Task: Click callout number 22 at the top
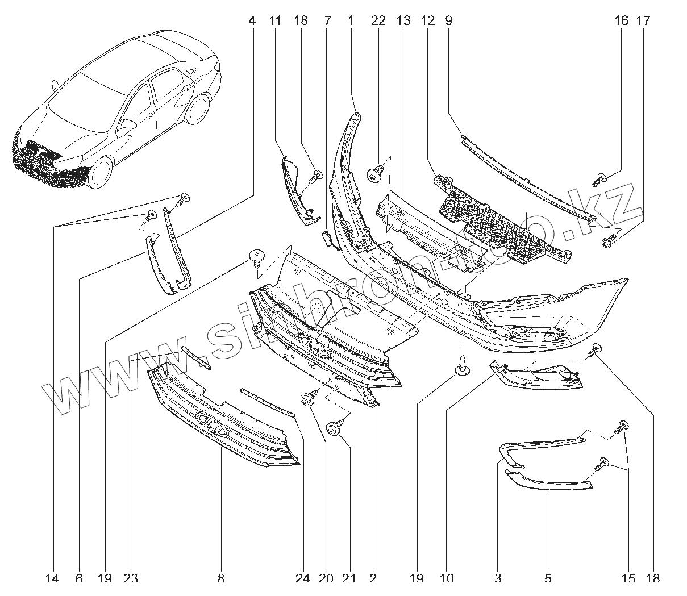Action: tap(378, 21)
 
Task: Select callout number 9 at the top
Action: tap(448, 21)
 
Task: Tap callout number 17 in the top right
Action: tap(643, 21)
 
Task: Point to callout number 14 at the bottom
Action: tap(52, 579)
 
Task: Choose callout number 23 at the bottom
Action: tap(131, 579)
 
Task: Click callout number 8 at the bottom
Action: tap(220, 579)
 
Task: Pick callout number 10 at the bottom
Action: tap(446, 579)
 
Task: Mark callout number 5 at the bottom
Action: tap(548, 579)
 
